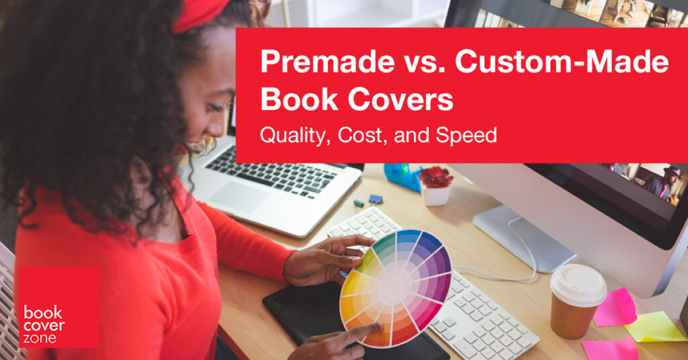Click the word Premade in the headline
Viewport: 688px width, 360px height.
[327, 61]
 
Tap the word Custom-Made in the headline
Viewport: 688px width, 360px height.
[562, 61]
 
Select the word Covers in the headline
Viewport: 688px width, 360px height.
[400, 99]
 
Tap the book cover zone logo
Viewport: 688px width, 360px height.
[59, 308]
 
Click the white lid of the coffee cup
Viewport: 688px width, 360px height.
[578, 285]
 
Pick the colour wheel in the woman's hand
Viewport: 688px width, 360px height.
[396, 287]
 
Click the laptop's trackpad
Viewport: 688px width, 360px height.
[240, 197]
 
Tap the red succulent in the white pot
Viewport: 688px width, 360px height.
[435, 177]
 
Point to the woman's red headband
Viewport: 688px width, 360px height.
[200, 15]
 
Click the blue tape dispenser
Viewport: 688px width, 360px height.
[402, 177]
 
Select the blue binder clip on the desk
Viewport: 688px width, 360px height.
[375, 199]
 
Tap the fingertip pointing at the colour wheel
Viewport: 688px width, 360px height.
[376, 326]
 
